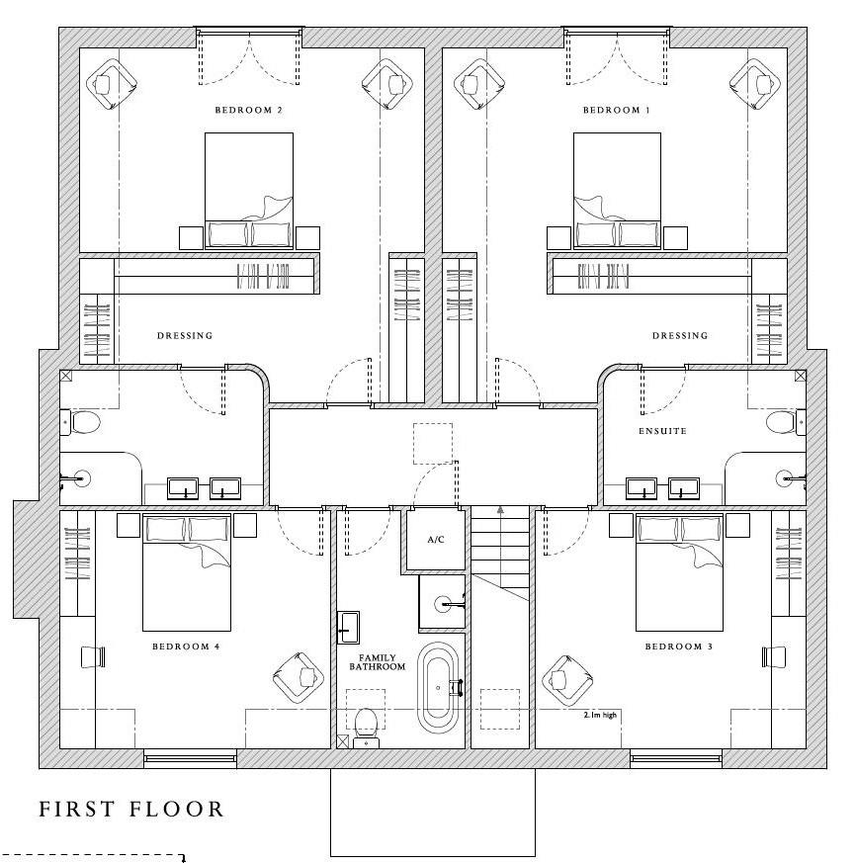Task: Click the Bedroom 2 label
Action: coord(248,110)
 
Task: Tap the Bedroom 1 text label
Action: coord(617,110)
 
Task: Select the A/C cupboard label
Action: coord(436,540)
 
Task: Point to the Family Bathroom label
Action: coord(377,662)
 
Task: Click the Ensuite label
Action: coord(663,431)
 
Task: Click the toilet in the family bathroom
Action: coord(366,727)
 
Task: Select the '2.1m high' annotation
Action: coord(600,715)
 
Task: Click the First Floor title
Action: coord(131,809)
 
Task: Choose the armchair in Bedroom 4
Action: coord(298,677)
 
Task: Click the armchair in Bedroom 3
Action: coord(567,681)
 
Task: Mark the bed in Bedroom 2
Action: coord(249,191)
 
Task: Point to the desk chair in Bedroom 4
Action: coord(93,657)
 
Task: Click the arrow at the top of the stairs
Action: coord(500,510)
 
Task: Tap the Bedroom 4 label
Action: coord(186,647)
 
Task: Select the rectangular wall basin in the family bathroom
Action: coord(348,628)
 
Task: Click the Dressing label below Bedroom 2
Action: coord(185,335)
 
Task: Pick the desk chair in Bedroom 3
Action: coord(773,657)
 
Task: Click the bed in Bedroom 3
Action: coord(679,572)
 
